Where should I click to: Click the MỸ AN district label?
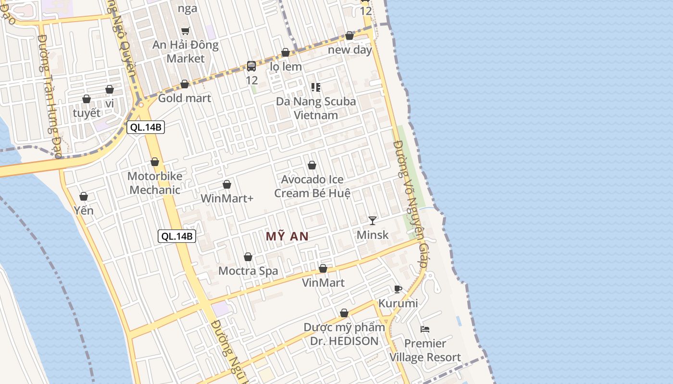pyautogui.click(x=287, y=236)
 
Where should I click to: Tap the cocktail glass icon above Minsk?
pyautogui.click(x=373, y=220)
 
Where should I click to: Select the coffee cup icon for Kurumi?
pyautogui.click(x=398, y=289)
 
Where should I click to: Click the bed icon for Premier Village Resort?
pyautogui.click(x=425, y=329)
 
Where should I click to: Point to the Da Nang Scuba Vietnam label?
pyautogui.click(x=316, y=108)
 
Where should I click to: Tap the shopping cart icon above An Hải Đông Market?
pyautogui.click(x=186, y=31)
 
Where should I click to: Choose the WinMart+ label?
pyautogui.click(x=227, y=198)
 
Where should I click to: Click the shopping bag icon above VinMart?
pyautogui.click(x=323, y=268)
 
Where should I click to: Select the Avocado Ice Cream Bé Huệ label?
pyautogui.click(x=312, y=186)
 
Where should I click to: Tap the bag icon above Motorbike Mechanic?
pyautogui.click(x=155, y=162)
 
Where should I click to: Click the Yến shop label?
pyautogui.click(x=84, y=210)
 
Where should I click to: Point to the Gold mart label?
pyautogui.click(x=185, y=98)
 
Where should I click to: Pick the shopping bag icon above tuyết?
pyautogui.click(x=87, y=99)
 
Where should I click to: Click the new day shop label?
pyautogui.click(x=350, y=49)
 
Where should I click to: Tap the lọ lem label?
pyautogui.click(x=286, y=67)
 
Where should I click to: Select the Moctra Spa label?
pyautogui.click(x=248, y=271)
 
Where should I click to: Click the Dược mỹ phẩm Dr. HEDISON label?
pyautogui.click(x=344, y=334)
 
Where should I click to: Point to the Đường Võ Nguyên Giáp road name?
pyautogui.click(x=410, y=204)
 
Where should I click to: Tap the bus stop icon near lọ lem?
pyautogui.click(x=251, y=66)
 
